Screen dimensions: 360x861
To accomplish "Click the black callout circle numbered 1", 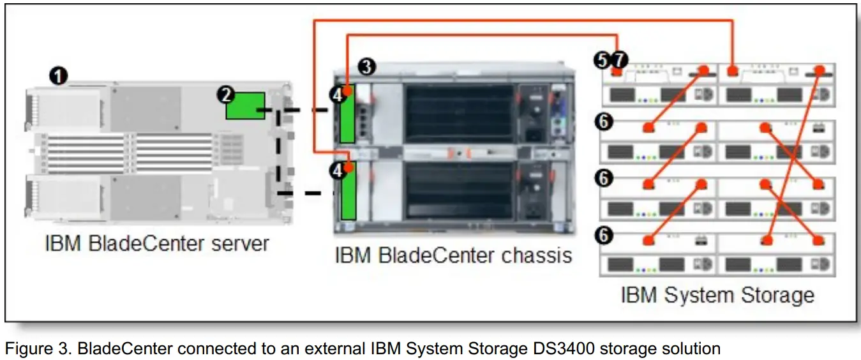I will pyautogui.click(x=59, y=77).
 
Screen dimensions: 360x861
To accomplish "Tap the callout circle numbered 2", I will pyautogui.click(x=225, y=95).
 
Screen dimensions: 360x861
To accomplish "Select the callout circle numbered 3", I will pyautogui.click(x=366, y=65).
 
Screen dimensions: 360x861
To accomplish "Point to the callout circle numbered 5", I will pyautogui.click(x=601, y=61).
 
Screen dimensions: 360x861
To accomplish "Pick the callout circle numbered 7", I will pyautogui.click(x=619, y=61).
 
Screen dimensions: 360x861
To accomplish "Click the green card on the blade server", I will pyautogui.click(x=246, y=106).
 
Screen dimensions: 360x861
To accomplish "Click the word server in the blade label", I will pyautogui.click(x=239, y=243).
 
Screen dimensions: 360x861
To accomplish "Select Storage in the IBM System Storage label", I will pyautogui.click(x=777, y=296).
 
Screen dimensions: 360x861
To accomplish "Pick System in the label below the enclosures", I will pyautogui.click(x=696, y=296).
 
